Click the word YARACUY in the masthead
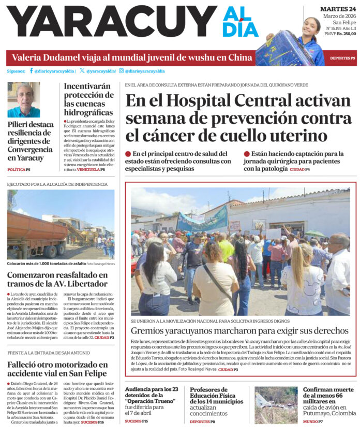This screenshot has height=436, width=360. [111, 22]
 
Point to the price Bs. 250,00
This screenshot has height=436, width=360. [347, 34]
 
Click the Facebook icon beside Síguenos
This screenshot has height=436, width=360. [31, 71]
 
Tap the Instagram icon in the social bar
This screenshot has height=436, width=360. [121, 71]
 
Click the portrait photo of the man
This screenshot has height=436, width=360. [23, 99]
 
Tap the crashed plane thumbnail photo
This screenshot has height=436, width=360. [276, 405]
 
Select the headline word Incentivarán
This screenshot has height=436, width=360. [89, 86]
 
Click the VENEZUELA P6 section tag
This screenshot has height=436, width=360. [91, 169]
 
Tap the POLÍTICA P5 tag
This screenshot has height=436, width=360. [19, 169]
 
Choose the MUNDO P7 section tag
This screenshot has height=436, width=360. [313, 422]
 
